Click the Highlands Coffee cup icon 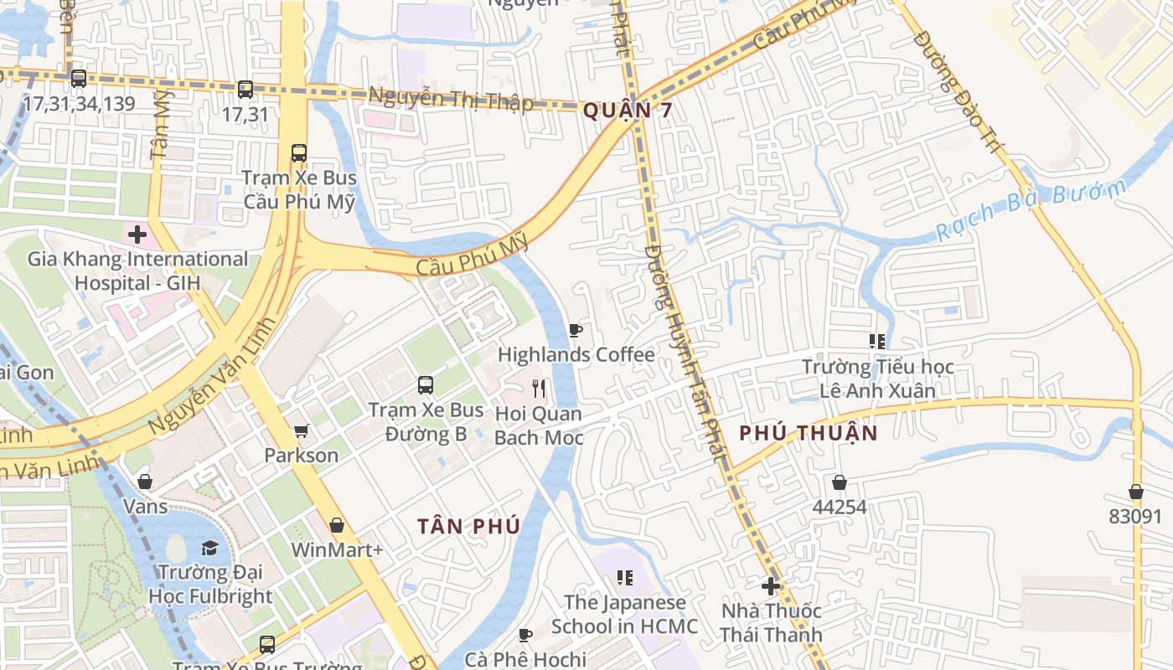click(575, 331)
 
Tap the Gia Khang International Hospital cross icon click(137, 234)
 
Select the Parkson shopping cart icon click(301, 431)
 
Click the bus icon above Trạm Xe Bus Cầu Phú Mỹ click(299, 153)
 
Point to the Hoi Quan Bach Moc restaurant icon click(539, 389)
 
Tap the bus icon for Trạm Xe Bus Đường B click(426, 385)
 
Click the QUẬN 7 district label click(628, 110)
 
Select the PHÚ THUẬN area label click(809, 433)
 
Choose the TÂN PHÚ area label click(469, 526)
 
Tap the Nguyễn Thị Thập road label click(451, 99)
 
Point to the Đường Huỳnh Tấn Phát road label click(683, 352)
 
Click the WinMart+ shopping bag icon click(337, 525)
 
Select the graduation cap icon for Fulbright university click(209, 548)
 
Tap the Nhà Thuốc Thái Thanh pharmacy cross click(771, 586)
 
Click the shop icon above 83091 click(1136, 492)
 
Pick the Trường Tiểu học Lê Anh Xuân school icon click(877, 342)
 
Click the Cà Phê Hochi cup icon click(525, 635)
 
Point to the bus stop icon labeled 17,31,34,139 click(79, 79)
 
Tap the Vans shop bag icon click(145, 482)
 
